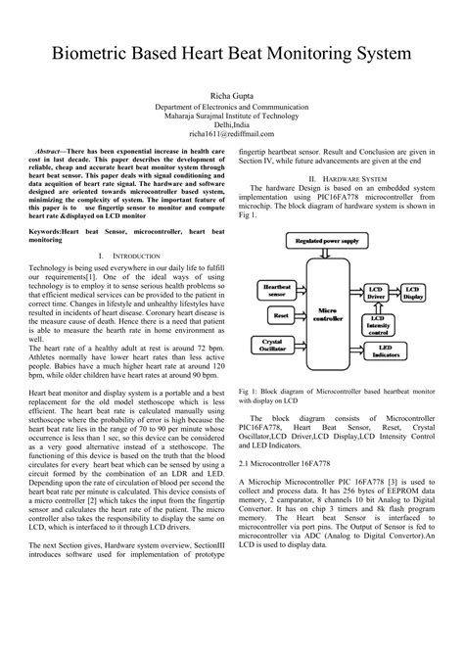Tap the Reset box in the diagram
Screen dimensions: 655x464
[x=280, y=316]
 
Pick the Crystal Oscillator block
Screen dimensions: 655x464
[x=276, y=345]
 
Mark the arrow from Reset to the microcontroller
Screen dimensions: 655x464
[x=302, y=316]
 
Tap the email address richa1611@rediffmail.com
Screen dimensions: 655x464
[x=232, y=134]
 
